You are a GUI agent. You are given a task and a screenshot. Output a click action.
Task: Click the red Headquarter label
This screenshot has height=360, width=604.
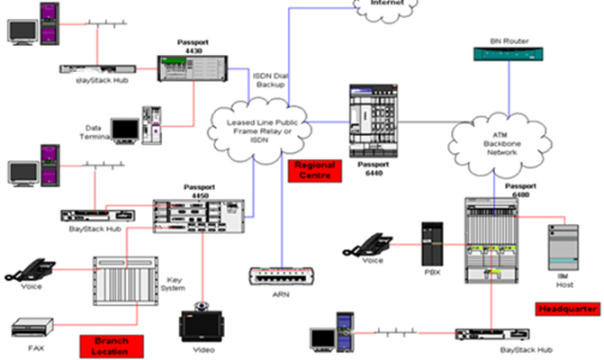(567, 309)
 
